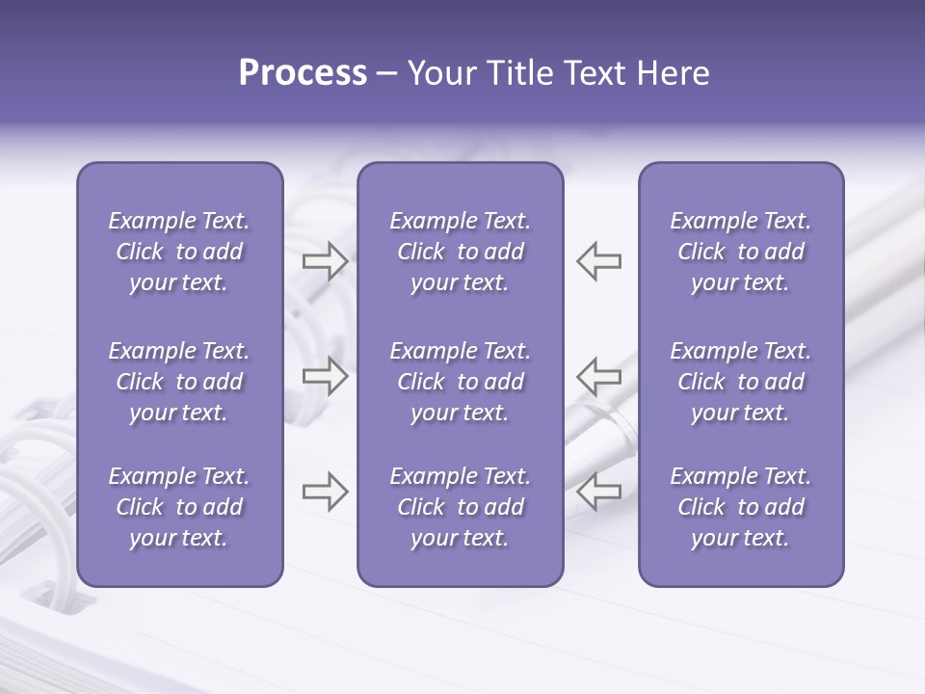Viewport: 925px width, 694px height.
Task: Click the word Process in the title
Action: [x=303, y=73]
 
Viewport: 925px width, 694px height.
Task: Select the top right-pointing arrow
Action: [x=325, y=261]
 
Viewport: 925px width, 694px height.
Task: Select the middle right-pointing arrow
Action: [x=325, y=375]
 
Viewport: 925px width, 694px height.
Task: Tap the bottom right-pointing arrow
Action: [x=325, y=492]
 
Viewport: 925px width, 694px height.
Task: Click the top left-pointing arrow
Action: [x=598, y=261]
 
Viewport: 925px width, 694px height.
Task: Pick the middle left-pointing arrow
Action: [x=598, y=375]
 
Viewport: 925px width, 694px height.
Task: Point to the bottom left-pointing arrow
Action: [x=598, y=492]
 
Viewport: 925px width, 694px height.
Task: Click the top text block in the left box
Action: [x=179, y=252]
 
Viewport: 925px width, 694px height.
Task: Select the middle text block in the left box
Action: [x=179, y=382]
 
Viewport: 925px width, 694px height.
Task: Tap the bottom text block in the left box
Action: [x=179, y=507]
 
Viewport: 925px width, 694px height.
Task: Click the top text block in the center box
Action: [x=460, y=252]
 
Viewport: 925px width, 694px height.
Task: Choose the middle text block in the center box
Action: [x=460, y=382]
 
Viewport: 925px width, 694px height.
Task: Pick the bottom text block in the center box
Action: [x=460, y=507]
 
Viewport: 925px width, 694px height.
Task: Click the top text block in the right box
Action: [x=740, y=252]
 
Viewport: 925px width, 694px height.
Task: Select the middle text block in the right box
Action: [x=740, y=382]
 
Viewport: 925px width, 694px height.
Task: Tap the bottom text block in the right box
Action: [x=740, y=507]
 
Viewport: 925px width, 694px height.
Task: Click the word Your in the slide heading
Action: [x=442, y=73]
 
